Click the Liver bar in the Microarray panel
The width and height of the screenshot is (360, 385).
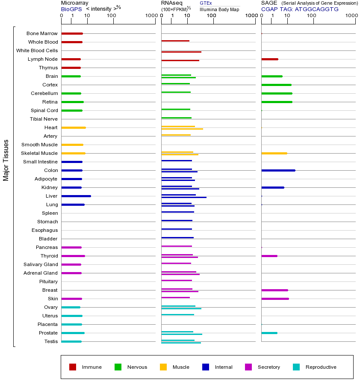(x=76, y=196)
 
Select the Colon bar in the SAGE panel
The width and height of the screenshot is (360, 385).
(x=278, y=170)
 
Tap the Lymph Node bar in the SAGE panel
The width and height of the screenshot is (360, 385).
(x=269, y=59)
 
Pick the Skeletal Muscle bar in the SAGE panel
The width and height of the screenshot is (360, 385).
(x=274, y=153)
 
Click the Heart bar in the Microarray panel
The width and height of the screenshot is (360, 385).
(x=74, y=127)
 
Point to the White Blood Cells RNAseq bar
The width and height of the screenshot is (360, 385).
(x=181, y=52)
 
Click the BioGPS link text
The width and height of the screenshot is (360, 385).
(x=71, y=9)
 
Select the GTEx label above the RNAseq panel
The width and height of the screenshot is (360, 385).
(x=206, y=3)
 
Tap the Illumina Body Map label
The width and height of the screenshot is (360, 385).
(x=219, y=9)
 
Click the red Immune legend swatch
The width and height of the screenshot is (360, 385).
(x=73, y=367)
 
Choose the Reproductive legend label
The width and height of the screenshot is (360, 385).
(x=321, y=367)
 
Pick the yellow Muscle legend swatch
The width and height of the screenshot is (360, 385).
(x=163, y=367)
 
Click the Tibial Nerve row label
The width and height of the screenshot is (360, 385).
(x=44, y=119)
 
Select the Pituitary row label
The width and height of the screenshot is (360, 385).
(x=48, y=281)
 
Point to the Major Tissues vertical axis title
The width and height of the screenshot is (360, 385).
(x=6, y=160)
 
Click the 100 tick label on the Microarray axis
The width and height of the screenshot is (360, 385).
(x=112, y=16)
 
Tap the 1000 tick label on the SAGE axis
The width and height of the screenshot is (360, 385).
(x=351, y=16)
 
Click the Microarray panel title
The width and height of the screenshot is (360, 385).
(x=74, y=3)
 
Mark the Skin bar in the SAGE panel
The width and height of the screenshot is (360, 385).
(x=275, y=299)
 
